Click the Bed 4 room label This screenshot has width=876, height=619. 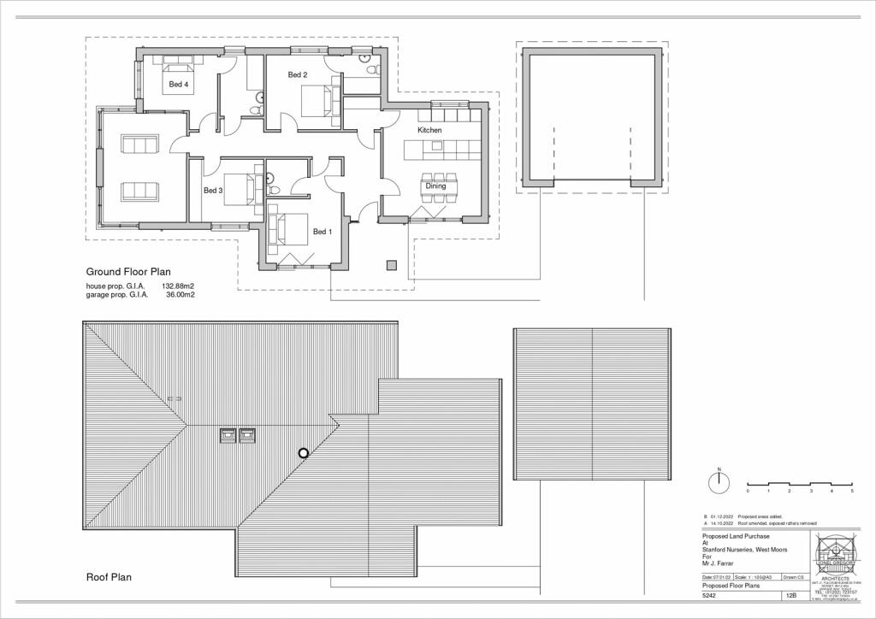tap(178, 84)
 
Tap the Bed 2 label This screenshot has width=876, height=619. tap(297, 75)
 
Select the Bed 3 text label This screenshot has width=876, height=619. tap(213, 191)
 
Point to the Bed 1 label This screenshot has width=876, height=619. tap(322, 232)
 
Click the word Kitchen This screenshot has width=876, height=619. tap(429, 130)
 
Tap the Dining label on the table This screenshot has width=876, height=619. tap(435, 186)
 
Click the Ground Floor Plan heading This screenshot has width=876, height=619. tap(127, 272)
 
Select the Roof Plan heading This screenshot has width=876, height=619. tap(109, 577)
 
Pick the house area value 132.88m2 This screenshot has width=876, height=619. tap(178, 286)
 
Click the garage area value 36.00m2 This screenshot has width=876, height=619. tap(181, 294)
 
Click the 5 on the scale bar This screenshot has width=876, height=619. tap(851, 492)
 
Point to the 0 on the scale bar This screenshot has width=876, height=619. tap(748, 492)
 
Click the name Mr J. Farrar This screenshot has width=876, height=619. tap(709, 562)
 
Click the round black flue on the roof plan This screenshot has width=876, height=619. tap(302, 453)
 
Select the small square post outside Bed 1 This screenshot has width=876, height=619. tap(392, 264)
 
